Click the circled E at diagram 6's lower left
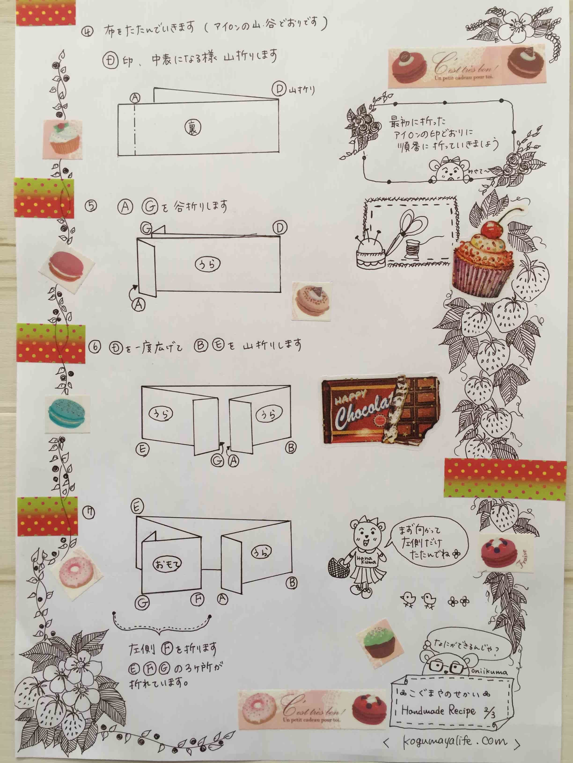click(x=142, y=449)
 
